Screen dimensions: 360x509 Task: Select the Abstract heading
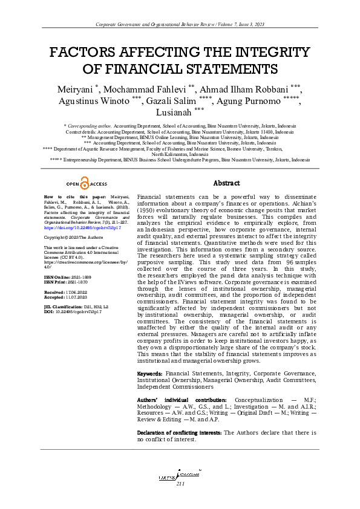[227, 183]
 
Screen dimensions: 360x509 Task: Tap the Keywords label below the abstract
[149, 375]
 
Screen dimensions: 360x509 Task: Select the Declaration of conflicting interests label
[178, 433]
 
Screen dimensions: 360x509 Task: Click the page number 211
[180, 484]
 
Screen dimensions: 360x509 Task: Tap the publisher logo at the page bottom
[180, 476]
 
